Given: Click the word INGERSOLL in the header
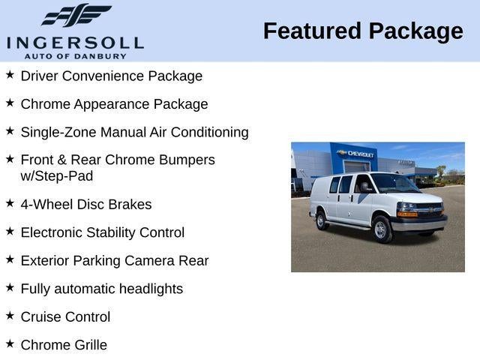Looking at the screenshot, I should click(74, 43).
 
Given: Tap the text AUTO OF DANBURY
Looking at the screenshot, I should click(74, 55).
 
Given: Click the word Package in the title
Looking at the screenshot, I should click(416, 31).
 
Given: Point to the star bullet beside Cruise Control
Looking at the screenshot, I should click(10, 316).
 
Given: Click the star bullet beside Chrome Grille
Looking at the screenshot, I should click(10, 343).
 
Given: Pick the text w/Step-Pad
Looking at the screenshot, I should click(57, 176).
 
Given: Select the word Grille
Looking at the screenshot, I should click(85, 345).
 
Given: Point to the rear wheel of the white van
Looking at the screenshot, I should click(321, 220).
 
